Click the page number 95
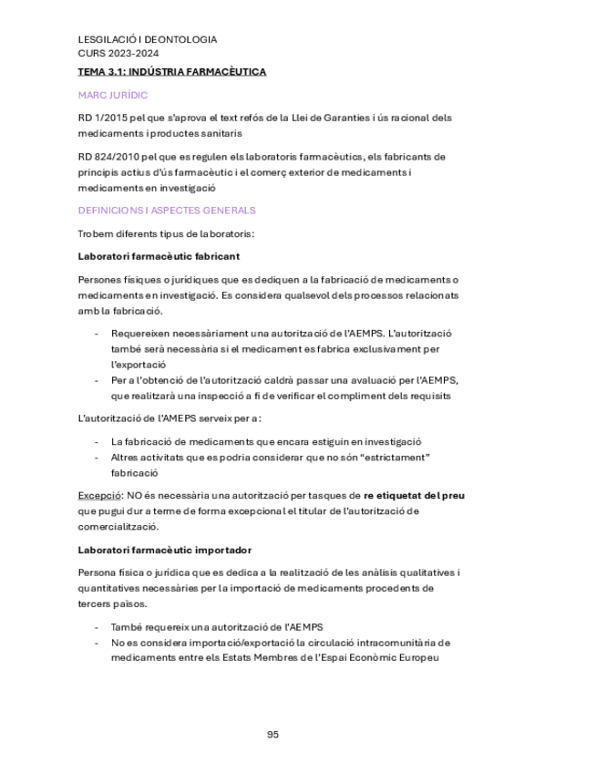point(273,735)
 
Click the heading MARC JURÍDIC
point(113,95)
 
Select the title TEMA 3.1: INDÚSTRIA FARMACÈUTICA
point(172,71)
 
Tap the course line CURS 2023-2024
point(112,53)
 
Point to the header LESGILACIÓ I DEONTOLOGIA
point(148,40)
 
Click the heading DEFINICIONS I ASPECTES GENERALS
point(167,211)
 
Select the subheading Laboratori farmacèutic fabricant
point(160,256)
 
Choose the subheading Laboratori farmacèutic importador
point(165,550)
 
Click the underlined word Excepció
point(99,495)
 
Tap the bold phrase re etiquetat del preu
point(414,495)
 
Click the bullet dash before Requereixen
point(98,334)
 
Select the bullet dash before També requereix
point(98,627)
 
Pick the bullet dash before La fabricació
point(98,441)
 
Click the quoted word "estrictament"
point(395,457)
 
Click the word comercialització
point(118,526)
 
